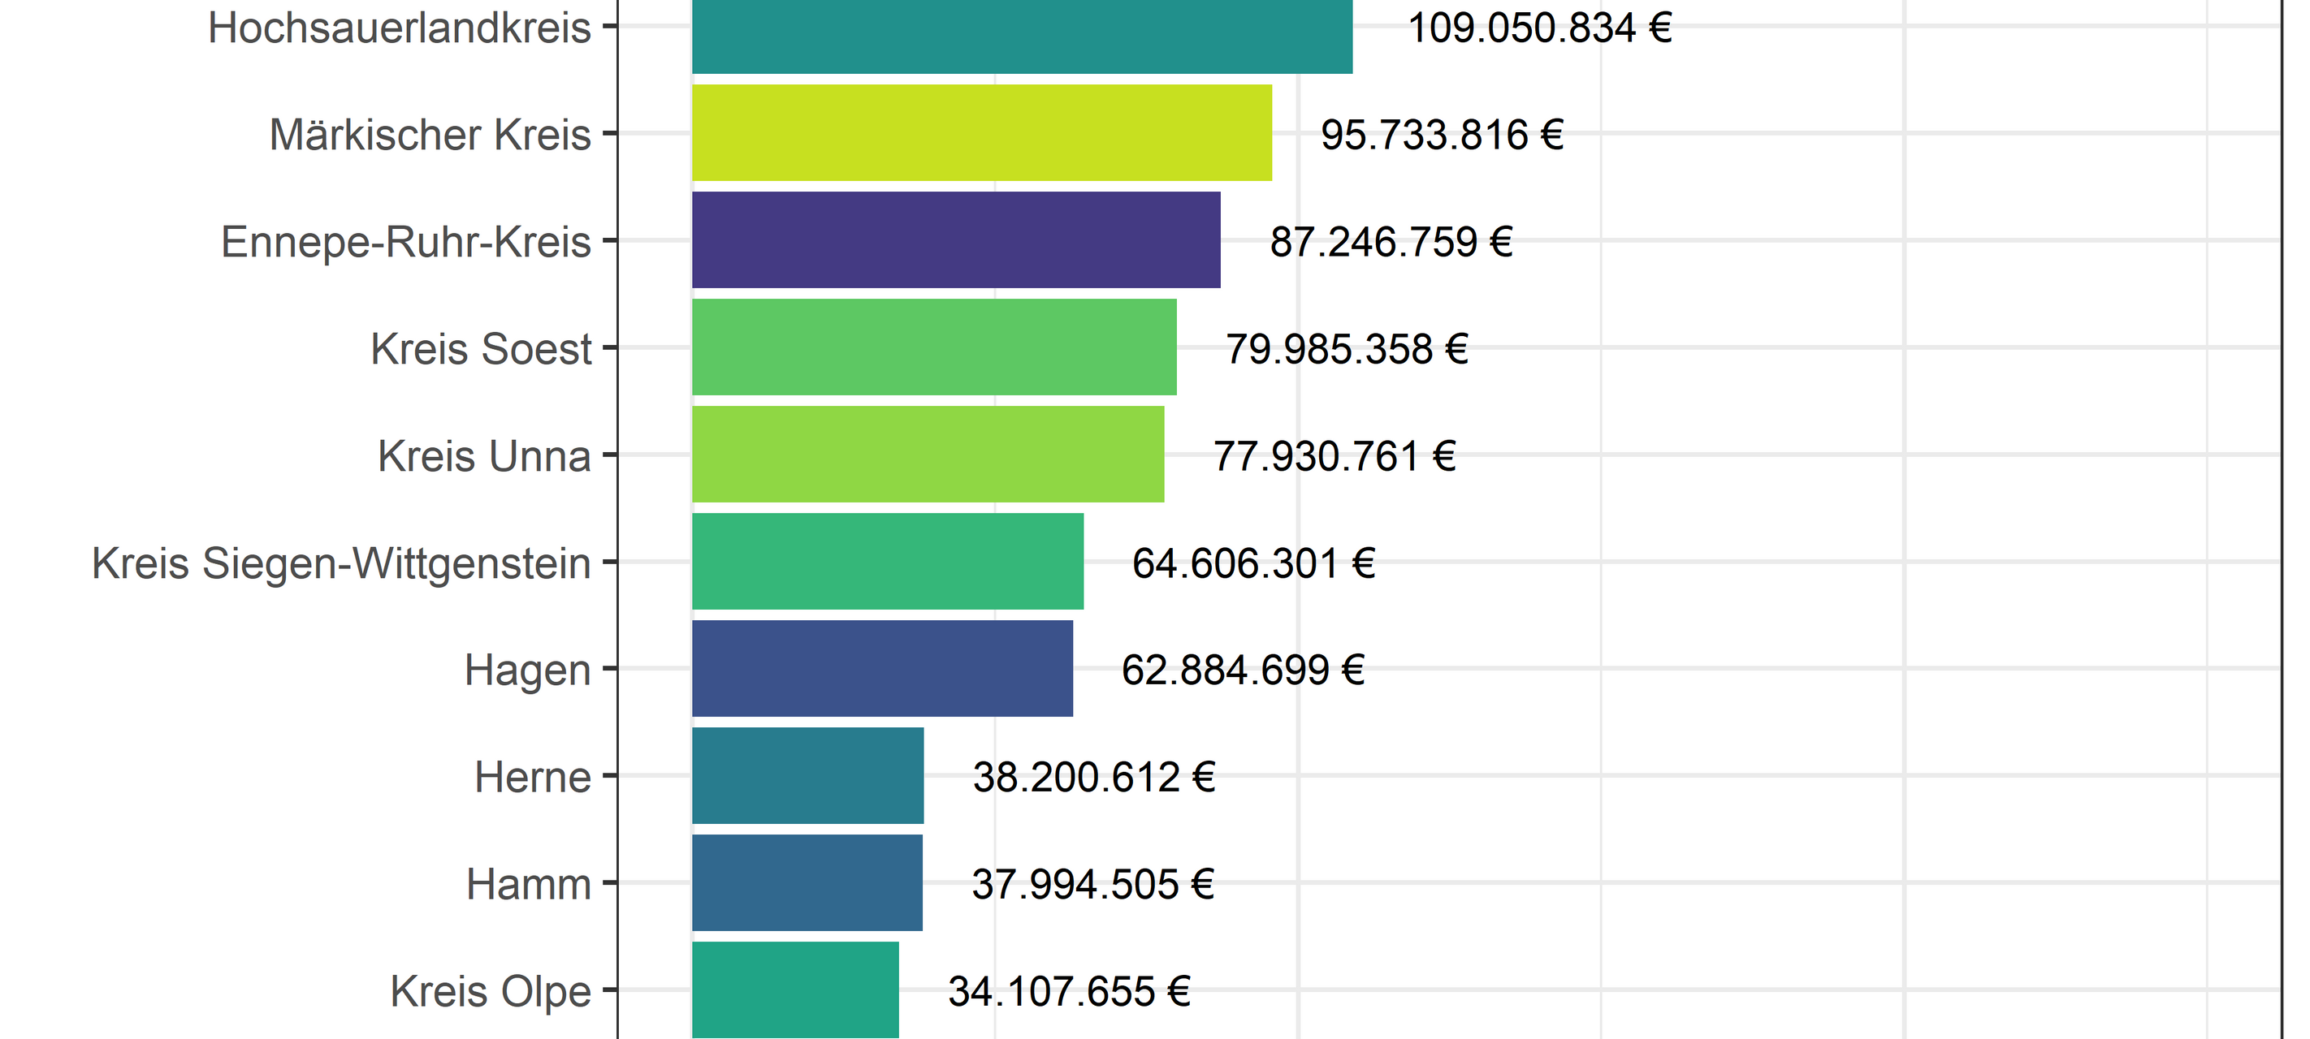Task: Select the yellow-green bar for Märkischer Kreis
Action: [x=981, y=132]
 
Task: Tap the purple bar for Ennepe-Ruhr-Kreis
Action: [x=956, y=239]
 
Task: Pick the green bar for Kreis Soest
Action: [x=933, y=347]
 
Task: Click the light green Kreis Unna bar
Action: [x=928, y=454]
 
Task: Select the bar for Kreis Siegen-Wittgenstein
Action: [x=887, y=561]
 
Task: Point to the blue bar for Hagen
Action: [x=881, y=668]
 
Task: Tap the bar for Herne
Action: [x=807, y=775]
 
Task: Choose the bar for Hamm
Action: [x=807, y=882]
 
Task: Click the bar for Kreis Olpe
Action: [x=794, y=989]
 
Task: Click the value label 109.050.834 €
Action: [x=1540, y=28]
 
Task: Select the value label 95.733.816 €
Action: [x=1442, y=136]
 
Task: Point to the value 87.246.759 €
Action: [x=1391, y=242]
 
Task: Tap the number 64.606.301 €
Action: [x=1252, y=564]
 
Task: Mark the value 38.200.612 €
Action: [x=1093, y=778]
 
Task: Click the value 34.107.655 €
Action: [x=1069, y=991]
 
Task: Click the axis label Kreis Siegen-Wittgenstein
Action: [x=342, y=564]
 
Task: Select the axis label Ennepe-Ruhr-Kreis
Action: [x=406, y=242]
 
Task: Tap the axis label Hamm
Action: [x=528, y=885]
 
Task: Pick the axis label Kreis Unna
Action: [x=484, y=456]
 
